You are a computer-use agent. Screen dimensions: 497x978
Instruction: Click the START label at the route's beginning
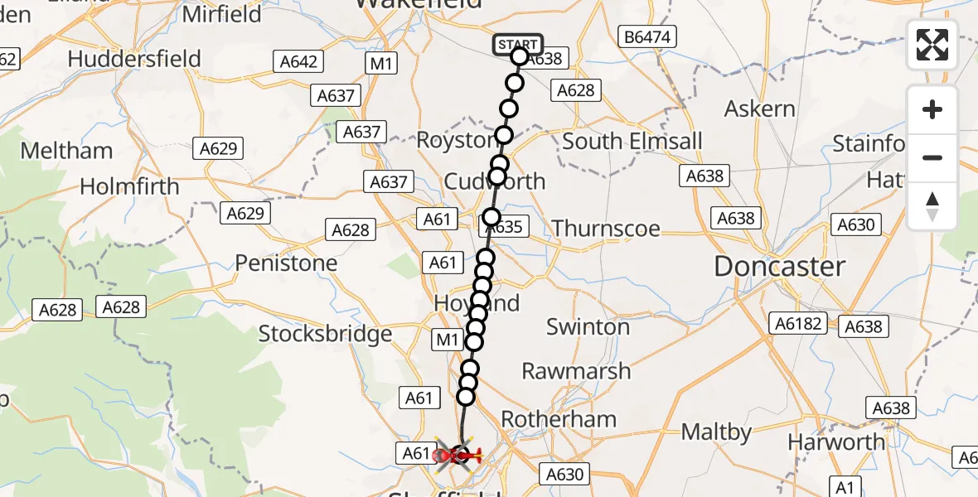518,45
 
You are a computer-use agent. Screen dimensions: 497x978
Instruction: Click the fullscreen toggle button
932,45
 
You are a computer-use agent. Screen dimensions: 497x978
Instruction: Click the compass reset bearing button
932,206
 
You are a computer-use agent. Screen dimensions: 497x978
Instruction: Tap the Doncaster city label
780,267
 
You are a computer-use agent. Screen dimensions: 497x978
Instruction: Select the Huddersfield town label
134,59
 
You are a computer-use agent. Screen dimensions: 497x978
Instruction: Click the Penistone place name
286,263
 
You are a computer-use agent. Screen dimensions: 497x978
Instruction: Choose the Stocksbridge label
325,334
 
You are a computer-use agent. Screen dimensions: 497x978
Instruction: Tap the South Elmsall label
632,141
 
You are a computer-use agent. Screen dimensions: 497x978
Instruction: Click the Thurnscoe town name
606,229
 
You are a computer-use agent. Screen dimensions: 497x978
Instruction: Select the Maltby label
716,432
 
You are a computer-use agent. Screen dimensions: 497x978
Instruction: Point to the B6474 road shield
649,36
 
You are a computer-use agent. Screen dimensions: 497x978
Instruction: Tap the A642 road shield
297,61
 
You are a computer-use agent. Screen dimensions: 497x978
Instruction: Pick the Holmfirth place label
129,186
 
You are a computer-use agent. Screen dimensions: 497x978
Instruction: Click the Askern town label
759,109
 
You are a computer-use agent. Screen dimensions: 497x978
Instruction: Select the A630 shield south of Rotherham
565,474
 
